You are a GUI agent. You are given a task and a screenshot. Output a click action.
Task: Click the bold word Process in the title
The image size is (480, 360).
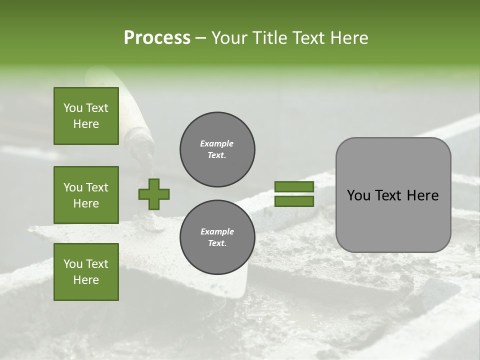point(157,38)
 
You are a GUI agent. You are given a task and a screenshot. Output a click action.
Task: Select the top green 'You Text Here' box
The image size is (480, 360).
point(86,116)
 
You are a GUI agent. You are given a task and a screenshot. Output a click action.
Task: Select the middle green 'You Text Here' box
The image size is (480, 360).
point(86,195)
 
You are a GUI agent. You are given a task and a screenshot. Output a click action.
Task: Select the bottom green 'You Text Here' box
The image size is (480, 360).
point(86,272)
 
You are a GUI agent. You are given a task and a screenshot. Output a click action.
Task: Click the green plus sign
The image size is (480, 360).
point(154,194)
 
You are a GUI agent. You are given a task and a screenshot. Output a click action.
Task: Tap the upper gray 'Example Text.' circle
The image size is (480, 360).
point(217,149)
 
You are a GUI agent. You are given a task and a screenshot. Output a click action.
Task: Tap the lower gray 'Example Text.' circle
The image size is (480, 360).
point(217,237)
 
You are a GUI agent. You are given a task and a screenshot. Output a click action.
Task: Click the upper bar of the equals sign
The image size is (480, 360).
point(294,186)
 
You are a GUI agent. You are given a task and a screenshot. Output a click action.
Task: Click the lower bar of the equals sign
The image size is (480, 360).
point(294,201)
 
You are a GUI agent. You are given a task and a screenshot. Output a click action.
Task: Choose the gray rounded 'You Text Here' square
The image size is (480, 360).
point(393,195)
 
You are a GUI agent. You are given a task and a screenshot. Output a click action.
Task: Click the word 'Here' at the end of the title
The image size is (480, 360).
point(350,38)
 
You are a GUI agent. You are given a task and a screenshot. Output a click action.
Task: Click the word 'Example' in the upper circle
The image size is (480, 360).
point(216,143)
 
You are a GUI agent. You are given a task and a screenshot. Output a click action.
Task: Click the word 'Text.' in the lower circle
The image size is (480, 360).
point(217,243)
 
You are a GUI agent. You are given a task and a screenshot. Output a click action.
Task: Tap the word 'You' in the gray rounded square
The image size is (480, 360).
point(358,195)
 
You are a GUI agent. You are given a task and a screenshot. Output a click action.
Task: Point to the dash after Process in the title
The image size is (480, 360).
point(200,38)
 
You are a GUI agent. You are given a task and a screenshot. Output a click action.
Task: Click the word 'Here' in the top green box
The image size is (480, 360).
point(86,124)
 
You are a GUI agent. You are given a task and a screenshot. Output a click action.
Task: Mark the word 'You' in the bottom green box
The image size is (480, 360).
point(73,264)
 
